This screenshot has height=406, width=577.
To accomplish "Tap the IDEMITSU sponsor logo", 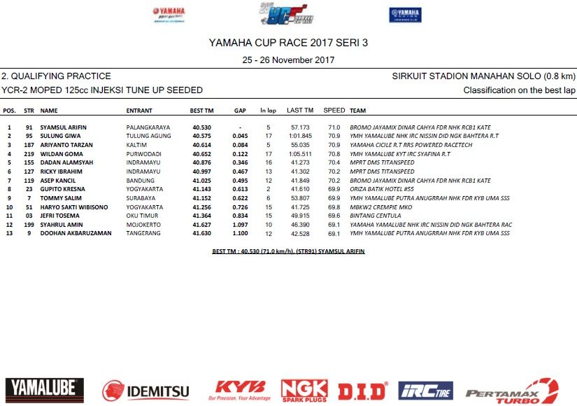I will [145, 391].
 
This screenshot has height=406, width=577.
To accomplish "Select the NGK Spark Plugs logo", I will [304, 390].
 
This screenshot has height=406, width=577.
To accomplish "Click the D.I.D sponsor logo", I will [362, 391].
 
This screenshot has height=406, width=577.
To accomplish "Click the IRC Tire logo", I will [425, 391].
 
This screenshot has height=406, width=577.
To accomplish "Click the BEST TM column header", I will [202, 111].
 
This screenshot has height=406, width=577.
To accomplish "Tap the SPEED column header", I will [334, 111].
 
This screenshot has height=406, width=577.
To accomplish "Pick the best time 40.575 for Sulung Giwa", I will [202, 136].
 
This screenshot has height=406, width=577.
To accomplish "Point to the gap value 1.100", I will [240, 233].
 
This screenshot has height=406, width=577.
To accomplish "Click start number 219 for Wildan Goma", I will [29, 153].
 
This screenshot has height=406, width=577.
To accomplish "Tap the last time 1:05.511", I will [299, 153].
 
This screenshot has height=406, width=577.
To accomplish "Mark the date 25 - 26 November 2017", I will [288, 60].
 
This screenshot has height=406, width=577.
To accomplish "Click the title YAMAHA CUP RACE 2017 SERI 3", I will [288, 43].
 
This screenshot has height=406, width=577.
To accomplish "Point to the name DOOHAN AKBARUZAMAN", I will [76, 233].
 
